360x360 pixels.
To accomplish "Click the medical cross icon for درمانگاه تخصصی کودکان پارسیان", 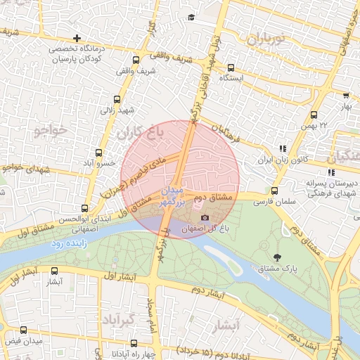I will point(77,38).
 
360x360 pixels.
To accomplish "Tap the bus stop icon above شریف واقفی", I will point(135,60).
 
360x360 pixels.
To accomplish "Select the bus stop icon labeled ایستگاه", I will point(231,67).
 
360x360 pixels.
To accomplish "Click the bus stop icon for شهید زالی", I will point(117,100).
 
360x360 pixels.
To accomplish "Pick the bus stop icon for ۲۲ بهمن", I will point(314,114).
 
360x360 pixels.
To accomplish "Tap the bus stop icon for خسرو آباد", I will point(99,151).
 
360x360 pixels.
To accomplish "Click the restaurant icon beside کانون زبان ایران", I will point(283,149).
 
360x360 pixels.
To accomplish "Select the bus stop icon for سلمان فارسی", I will point(274,191).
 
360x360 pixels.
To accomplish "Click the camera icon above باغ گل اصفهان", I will point(205,218).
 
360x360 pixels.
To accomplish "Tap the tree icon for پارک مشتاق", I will point(276,257).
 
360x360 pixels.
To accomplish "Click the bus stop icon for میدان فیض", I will point(23,330).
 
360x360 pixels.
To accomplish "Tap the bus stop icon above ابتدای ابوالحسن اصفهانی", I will point(84,208).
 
